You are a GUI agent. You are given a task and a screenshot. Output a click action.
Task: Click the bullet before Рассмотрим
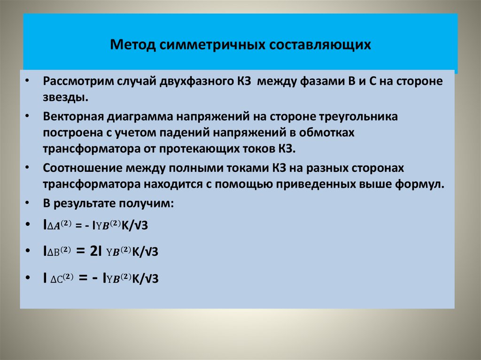(x=28, y=80)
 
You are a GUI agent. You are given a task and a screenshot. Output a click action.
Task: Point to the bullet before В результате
(x=28, y=203)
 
